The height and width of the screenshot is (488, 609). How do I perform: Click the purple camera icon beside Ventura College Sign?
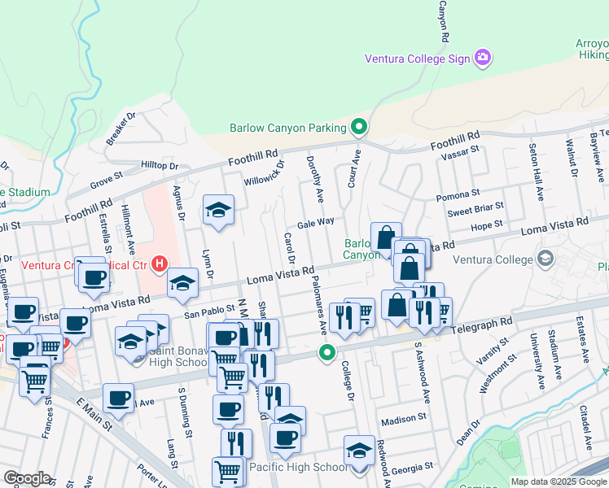pyautogui.click(x=483, y=58)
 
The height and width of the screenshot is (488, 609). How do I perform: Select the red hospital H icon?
pyautogui.click(x=160, y=264)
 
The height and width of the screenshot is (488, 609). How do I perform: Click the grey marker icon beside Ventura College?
pyautogui.click(x=545, y=260)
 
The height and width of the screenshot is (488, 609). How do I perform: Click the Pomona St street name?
pyautogui.click(x=458, y=195)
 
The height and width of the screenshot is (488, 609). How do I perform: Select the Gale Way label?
pyautogui.click(x=316, y=222)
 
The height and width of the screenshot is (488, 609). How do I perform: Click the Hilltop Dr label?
pyautogui.click(x=160, y=165)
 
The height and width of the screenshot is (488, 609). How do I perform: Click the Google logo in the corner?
pyautogui.click(x=27, y=477)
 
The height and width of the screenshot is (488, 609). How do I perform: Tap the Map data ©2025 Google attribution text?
pyautogui.click(x=559, y=481)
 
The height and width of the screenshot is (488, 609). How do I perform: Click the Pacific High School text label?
pyautogui.click(x=297, y=467)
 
